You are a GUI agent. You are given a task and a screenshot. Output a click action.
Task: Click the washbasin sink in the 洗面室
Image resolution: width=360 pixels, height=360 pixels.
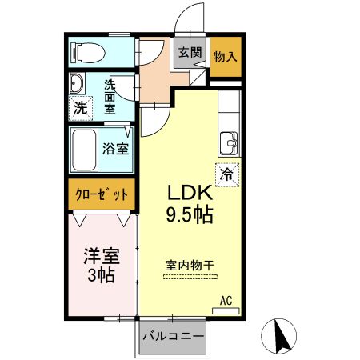click(77, 85)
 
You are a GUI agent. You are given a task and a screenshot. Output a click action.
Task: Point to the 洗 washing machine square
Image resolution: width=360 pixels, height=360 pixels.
click(79, 109)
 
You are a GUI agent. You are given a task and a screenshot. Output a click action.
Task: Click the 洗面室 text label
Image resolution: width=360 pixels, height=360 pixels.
click(112, 95)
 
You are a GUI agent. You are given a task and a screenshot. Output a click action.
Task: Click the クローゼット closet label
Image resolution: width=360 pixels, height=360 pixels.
click(101, 194)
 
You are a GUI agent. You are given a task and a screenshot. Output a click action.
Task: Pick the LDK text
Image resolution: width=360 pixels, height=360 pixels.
click(189, 194)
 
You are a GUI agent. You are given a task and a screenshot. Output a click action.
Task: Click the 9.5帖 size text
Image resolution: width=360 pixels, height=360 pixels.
click(189, 214)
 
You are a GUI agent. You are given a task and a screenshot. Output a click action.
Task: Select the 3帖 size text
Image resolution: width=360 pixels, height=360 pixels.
click(101, 275)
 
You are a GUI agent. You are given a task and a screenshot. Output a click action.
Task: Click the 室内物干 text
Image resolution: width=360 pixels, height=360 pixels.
click(190, 264)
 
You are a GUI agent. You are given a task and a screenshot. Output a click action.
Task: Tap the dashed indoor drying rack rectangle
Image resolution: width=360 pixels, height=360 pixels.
click(190, 277)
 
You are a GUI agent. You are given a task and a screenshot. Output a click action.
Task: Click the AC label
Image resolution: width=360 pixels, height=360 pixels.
click(226, 301)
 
